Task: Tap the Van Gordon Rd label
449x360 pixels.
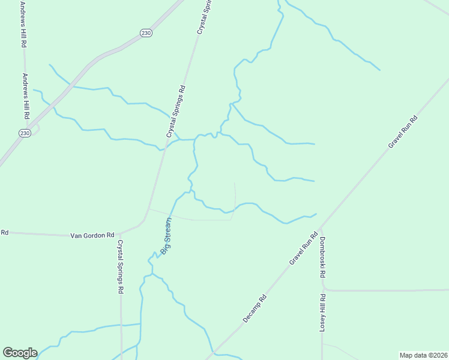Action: click(x=92, y=235)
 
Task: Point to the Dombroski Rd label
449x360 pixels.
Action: click(x=322, y=257)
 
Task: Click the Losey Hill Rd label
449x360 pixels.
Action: click(x=322, y=312)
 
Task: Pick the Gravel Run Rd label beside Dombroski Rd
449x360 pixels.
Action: click(x=303, y=248)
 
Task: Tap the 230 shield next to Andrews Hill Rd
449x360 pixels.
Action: click(x=25, y=133)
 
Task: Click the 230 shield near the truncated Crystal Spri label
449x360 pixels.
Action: click(x=146, y=33)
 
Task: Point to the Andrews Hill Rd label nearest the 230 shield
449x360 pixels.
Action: click(x=26, y=96)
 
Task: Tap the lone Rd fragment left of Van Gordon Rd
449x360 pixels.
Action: click(x=4, y=232)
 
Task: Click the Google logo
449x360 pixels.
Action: click(x=20, y=352)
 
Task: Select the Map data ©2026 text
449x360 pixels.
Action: click(x=424, y=355)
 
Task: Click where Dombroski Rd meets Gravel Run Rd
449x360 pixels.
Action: click(x=321, y=227)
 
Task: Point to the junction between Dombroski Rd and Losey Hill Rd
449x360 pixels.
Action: click(x=322, y=290)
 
